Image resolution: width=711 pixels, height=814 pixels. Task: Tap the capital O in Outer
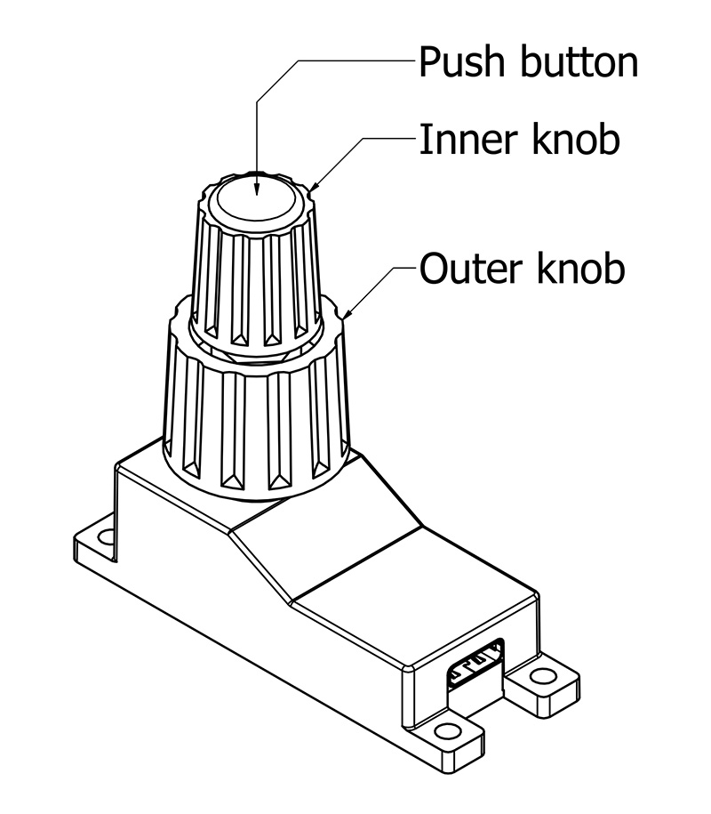pyautogui.click(x=434, y=268)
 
